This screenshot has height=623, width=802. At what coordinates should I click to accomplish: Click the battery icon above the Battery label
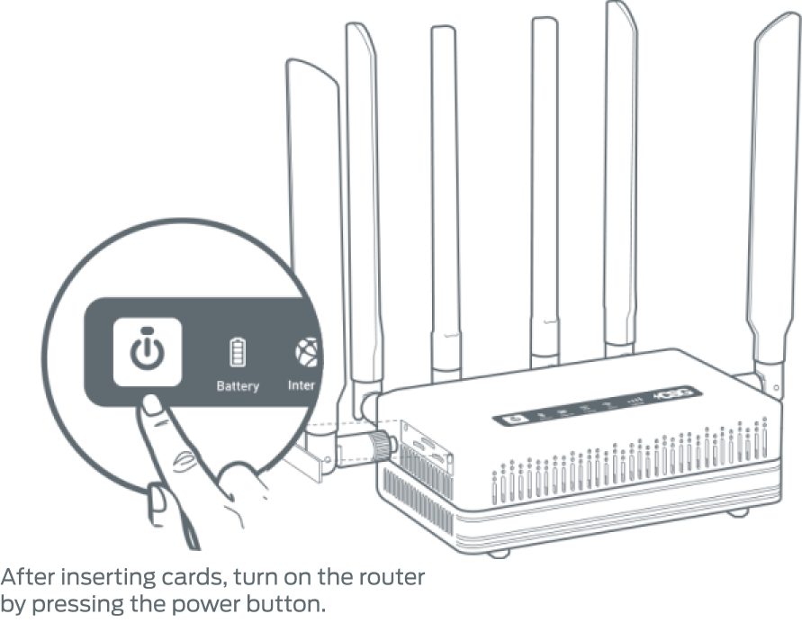tap(239, 352)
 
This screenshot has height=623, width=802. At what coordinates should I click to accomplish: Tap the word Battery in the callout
tap(238, 386)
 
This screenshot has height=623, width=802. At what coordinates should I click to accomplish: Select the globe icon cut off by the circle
tap(306, 352)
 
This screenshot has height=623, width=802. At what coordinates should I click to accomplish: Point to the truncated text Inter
tap(302, 385)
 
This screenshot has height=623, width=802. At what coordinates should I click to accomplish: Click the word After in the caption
tap(27, 575)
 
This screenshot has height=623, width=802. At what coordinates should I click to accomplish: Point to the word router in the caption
tap(397, 575)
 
